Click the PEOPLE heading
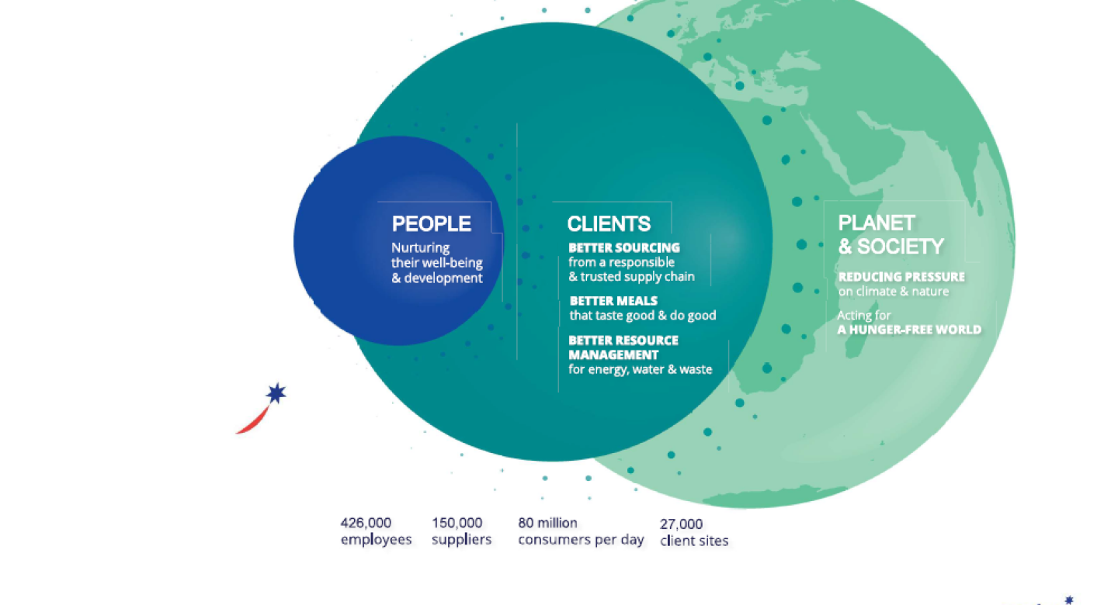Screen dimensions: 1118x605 pyautogui.click(x=431, y=223)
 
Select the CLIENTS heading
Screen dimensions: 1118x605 pyautogui.click(x=609, y=224)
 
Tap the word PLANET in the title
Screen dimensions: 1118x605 pyautogui.click(x=877, y=223)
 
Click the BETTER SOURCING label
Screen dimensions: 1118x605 pyautogui.click(x=624, y=247)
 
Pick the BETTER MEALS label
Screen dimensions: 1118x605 pyautogui.click(x=613, y=301)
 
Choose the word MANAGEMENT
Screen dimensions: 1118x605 pyautogui.click(x=613, y=354)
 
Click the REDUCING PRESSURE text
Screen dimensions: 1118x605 pyautogui.click(x=901, y=277)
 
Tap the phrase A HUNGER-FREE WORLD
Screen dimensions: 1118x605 pyautogui.click(x=909, y=330)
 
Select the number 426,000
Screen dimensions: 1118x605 pyautogui.click(x=366, y=523)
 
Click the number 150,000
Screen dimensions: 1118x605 pyautogui.click(x=457, y=523)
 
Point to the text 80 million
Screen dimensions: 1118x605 pyautogui.click(x=547, y=523)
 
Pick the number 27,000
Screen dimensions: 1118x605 pyautogui.click(x=682, y=524)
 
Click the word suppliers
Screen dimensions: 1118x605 pyautogui.click(x=462, y=540)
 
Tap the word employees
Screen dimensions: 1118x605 pyautogui.click(x=377, y=540)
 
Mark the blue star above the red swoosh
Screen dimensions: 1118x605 pyautogui.click(x=276, y=393)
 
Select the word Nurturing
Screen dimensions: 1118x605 pyautogui.click(x=420, y=248)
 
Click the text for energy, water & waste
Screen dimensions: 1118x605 pyautogui.click(x=641, y=369)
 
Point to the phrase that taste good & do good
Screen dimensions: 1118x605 pyautogui.click(x=643, y=315)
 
